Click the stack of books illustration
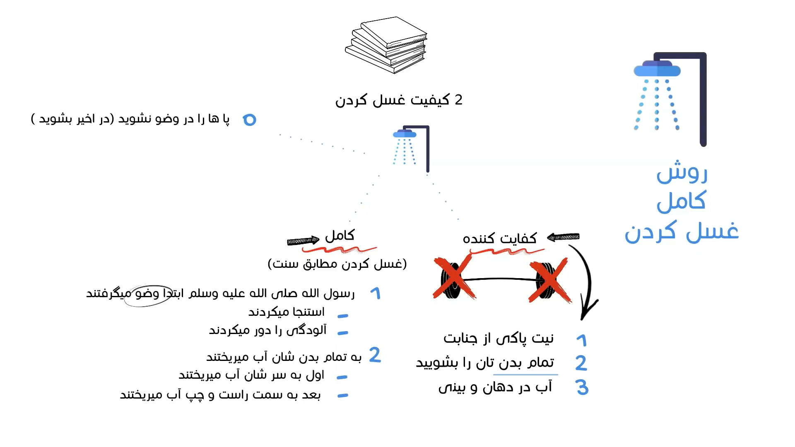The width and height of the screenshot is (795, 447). tap(386, 45)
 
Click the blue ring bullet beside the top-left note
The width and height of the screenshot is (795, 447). tap(250, 120)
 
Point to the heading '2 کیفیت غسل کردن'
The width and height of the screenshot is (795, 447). tap(398, 100)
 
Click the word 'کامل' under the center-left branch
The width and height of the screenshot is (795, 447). tap(340, 236)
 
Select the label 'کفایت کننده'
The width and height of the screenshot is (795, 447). tap(500, 238)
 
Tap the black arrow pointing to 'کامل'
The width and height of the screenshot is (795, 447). tap(303, 240)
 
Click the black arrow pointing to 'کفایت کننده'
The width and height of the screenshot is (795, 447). tap(563, 237)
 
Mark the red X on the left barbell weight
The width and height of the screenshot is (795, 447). tap(454, 278)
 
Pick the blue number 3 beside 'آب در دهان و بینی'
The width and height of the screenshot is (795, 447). tap(582, 387)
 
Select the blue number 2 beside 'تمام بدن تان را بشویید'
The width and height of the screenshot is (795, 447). tap(581, 363)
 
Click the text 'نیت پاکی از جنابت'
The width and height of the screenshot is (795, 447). tap(499, 339)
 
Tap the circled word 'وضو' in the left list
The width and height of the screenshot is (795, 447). tap(147, 294)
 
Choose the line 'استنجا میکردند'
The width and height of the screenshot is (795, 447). tap(287, 312)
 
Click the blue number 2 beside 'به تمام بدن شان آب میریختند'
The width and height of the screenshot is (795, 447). tap(375, 355)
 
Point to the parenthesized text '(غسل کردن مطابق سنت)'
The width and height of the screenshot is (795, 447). tap(337, 264)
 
